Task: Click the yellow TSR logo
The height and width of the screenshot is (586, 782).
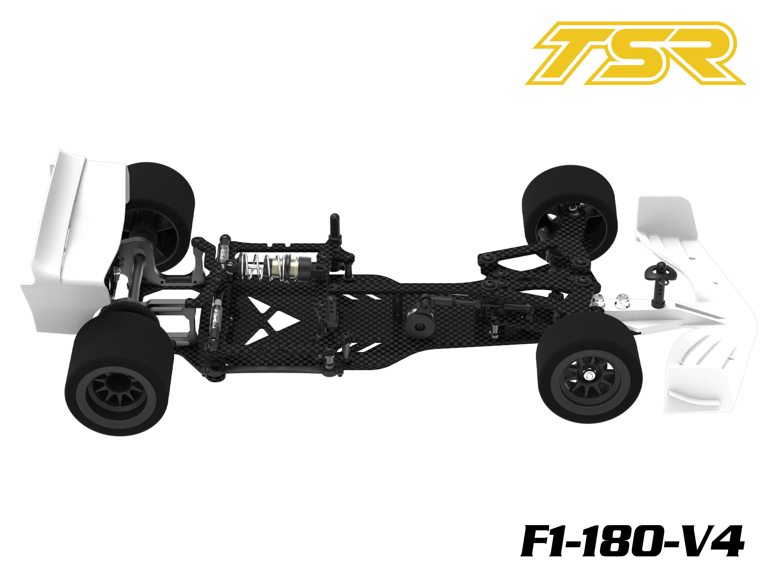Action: click(635, 53)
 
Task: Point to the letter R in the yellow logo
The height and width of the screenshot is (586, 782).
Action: click(702, 53)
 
